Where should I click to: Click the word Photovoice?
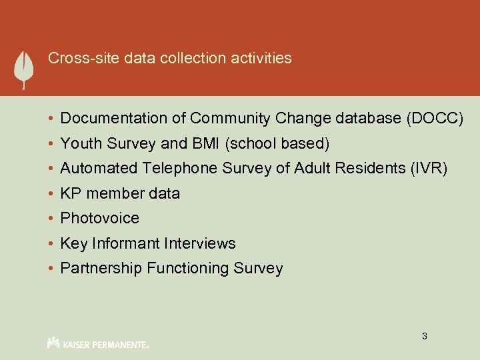(x=100, y=218)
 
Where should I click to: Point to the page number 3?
(x=424, y=336)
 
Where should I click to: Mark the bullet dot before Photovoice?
(x=51, y=219)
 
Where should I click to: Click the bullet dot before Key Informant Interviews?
(x=51, y=244)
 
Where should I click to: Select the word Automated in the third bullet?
(x=99, y=169)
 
